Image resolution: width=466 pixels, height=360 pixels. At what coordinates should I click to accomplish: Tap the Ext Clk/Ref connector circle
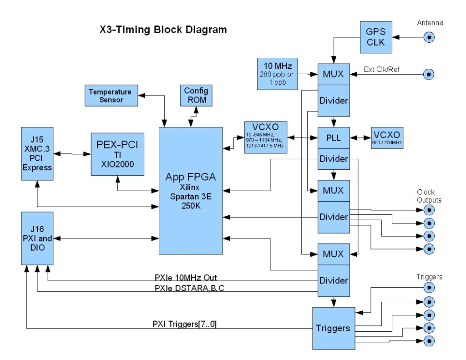(x=428, y=74)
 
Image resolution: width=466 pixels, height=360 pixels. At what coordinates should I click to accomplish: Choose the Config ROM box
(x=196, y=95)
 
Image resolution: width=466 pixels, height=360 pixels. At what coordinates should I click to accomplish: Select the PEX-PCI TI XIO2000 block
(x=117, y=154)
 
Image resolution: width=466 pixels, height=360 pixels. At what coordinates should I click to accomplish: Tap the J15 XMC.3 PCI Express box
(x=37, y=154)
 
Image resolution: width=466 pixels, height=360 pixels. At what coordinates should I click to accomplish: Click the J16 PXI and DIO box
(x=37, y=238)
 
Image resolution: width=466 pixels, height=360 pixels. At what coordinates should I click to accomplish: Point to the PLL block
(x=334, y=137)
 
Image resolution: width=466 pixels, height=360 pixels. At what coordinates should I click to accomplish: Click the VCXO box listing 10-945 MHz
(x=266, y=137)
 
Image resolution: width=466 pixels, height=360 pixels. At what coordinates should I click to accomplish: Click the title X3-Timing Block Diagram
(x=163, y=30)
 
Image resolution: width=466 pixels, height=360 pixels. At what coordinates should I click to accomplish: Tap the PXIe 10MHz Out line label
(x=188, y=278)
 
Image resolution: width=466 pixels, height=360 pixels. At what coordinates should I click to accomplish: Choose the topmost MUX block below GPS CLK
(x=334, y=74)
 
